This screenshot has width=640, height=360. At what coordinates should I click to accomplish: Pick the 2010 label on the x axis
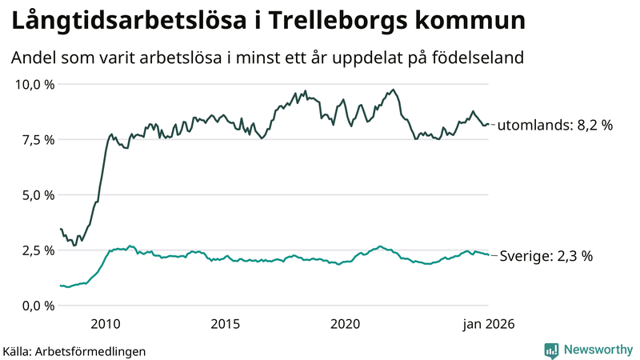[x=106, y=324]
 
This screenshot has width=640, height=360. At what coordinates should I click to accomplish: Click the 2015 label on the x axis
[x=226, y=324]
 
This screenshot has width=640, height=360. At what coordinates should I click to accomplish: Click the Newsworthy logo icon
[x=551, y=350]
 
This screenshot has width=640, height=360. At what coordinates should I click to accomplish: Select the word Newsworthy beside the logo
[x=597, y=350]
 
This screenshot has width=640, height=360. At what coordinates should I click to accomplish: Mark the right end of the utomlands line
[x=489, y=124]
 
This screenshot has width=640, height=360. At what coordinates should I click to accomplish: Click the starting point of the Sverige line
[x=60, y=286]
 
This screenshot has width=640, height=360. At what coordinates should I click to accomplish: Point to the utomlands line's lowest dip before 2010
[x=74, y=245]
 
